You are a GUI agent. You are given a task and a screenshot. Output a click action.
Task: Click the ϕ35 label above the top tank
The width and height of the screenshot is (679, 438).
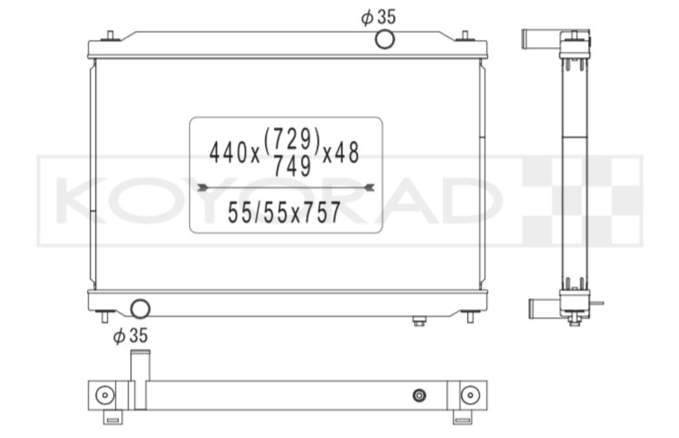(378, 17)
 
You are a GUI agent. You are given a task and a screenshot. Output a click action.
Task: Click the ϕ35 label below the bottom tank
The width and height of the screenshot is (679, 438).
(130, 335)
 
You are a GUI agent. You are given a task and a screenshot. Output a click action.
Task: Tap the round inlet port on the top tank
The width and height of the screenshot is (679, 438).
(385, 39)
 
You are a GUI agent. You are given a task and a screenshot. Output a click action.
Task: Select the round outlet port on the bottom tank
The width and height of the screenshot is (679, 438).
(140, 308)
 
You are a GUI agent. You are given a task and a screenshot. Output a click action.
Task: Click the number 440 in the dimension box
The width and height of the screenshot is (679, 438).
(228, 153)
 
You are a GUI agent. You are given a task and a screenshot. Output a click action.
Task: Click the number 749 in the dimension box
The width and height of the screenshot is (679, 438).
(293, 166)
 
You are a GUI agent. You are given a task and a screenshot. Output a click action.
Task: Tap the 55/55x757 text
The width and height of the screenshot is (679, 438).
(284, 213)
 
